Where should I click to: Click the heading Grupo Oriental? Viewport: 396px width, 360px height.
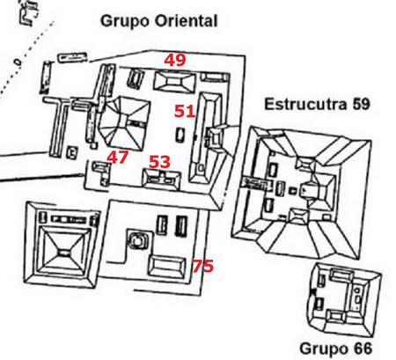point(158,21)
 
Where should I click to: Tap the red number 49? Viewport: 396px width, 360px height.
point(175,60)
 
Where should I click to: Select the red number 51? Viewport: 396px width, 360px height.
point(185,112)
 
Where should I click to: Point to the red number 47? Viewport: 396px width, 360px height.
point(117,157)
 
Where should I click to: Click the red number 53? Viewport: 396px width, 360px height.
point(159,162)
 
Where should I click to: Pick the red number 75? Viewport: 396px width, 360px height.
point(202,266)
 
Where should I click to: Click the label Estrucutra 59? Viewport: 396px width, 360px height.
point(317,104)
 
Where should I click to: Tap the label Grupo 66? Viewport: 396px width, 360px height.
point(335,349)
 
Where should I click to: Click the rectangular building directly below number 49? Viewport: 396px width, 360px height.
point(175,81)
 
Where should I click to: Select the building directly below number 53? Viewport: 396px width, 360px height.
point(161,179)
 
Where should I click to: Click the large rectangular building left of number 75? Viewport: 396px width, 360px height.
point(166,267)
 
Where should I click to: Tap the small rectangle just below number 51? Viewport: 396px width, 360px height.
point(180,136)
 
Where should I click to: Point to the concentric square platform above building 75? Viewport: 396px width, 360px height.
point(136,241)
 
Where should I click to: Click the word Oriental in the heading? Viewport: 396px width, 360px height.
point(186,21)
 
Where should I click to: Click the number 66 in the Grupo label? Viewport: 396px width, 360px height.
point(363,349)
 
